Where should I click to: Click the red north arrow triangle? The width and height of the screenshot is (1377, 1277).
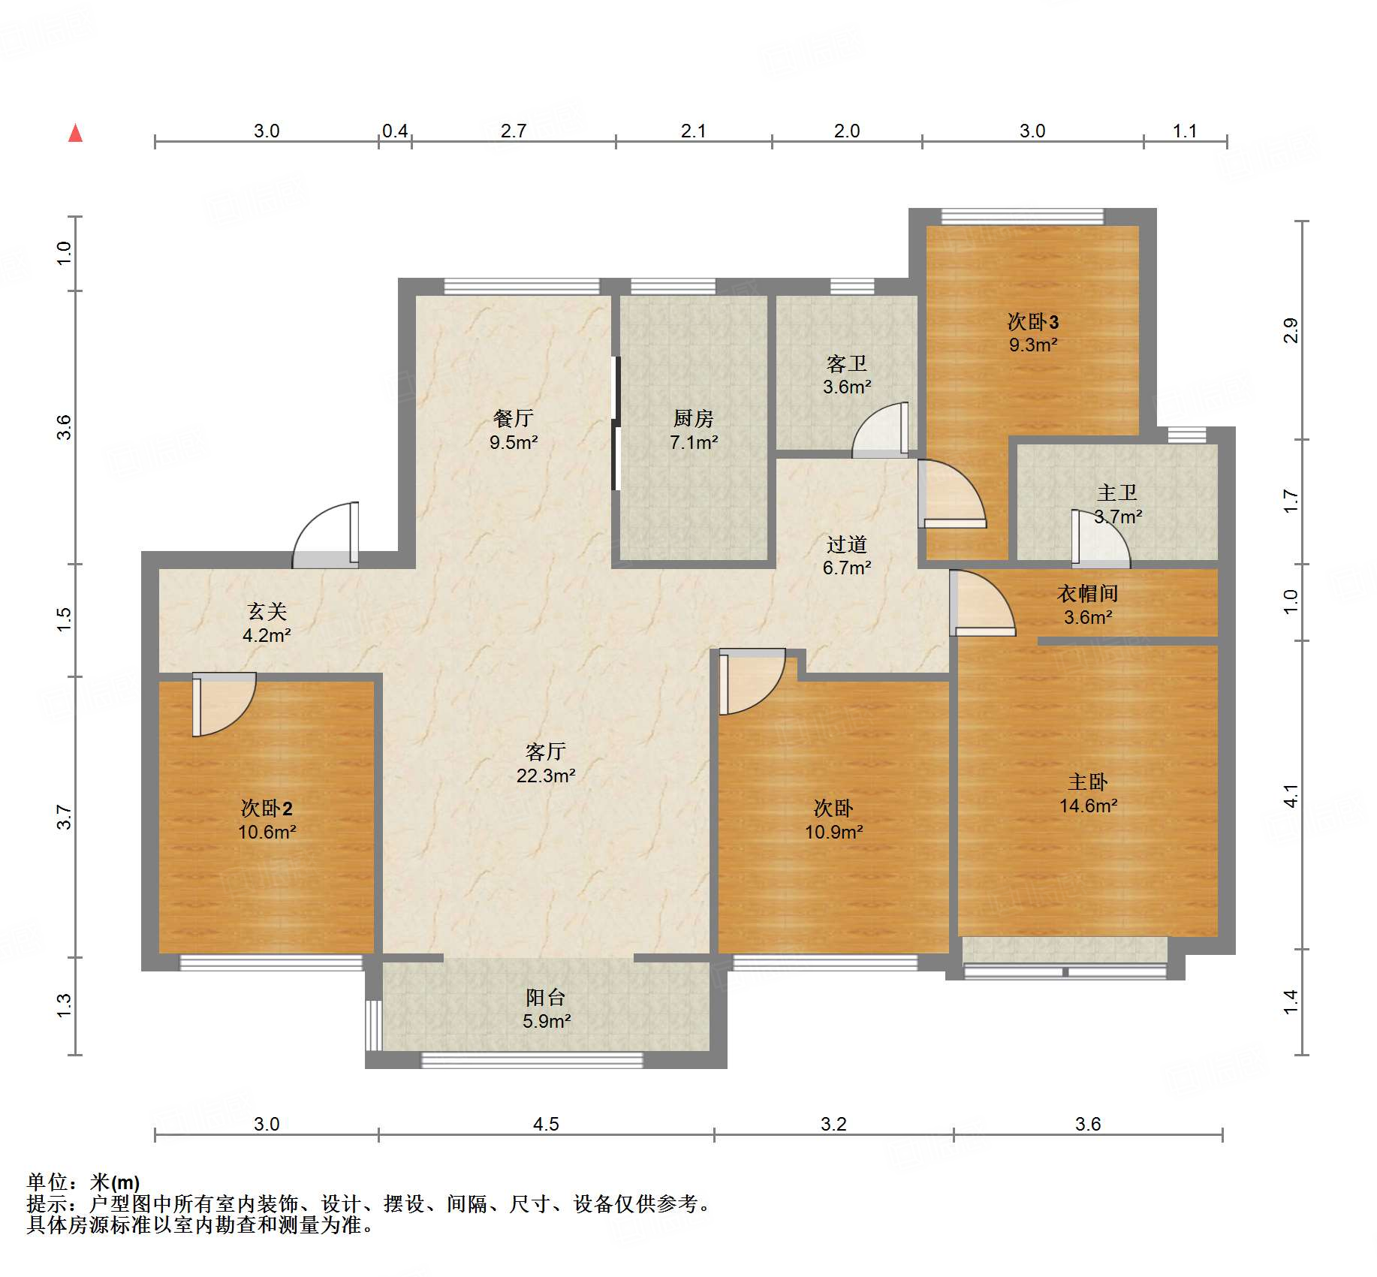pyautogui.click(x=75, y=133)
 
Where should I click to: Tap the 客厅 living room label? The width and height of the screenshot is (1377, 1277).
pyautogui.click(x=546, y=751)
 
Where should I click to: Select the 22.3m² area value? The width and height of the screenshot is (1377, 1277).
pyautogui.click(x=546, y=776)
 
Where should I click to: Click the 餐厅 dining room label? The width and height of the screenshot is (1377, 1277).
pyautogui.click(x=514, y=418)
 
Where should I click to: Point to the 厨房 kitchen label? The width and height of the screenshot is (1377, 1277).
pyautogui.click(x=693, y=418)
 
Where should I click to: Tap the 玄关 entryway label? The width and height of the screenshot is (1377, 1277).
pyautogui.click(x=267, y=611)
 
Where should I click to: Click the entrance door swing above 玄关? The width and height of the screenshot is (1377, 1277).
pyautogui.click(x=325, y=535)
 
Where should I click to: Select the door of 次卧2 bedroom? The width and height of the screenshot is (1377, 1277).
pyautogui.click(x=224, y=704)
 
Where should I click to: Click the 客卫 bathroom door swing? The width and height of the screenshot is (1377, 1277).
pyautogui.click(x=880, y=430)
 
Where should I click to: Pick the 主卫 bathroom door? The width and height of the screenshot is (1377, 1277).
pyautogui.click(x=1101, y=537)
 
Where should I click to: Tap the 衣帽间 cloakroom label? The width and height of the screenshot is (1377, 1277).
pyautogui.click(x=1088, y=593)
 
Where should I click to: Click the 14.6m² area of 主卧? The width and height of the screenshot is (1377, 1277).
pyautogui.click(x=1088, y=806)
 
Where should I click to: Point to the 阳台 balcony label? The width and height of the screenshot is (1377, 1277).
pyautogui.click(x=546, y=997)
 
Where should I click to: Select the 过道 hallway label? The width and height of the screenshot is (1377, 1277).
pyautogui.click(x=847, y=544)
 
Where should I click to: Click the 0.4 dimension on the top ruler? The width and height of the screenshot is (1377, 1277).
pyautogui.click(x=395, y=131)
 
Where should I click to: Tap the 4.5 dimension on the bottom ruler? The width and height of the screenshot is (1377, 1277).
pyautogui.click(x=546, y=1124)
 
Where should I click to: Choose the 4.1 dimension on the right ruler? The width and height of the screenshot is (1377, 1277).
pyautogui.click(x=1290, y=796)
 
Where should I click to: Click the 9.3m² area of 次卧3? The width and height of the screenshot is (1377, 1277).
pyautogui.click(x=1033, y=345)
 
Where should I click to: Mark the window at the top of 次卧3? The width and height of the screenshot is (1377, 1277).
pyautogui.click(x=1023, y=217)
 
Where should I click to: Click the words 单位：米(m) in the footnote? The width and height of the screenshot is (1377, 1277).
pyautogui.click(x=83, y=1182)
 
